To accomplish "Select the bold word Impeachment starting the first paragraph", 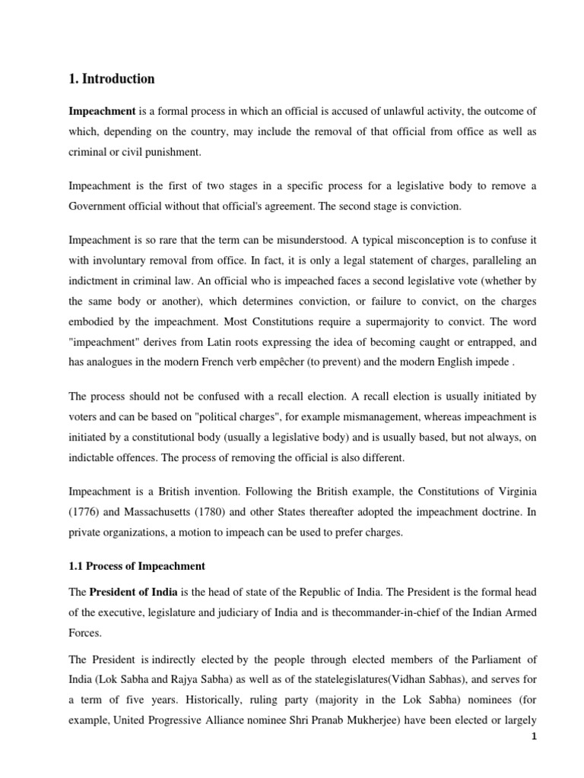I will (x=102, y=112).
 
